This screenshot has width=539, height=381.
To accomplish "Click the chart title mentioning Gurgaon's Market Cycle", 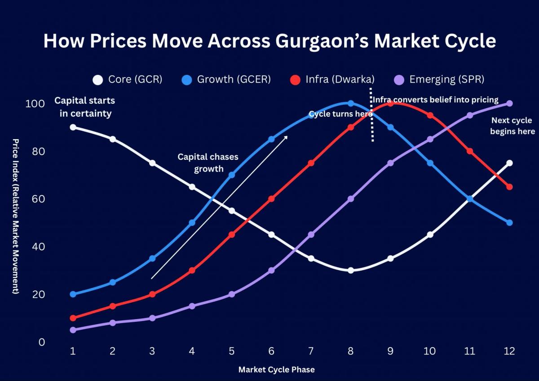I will click(269, 41).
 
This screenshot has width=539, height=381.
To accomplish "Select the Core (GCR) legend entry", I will click(128, 80).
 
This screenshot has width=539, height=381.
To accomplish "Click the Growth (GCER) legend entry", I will click(226, 80).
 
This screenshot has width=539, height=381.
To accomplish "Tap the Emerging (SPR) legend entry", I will click(439, 80).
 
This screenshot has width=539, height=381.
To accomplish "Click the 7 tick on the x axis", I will click(311, 350).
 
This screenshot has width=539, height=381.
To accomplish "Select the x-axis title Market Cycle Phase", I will click(276, 370).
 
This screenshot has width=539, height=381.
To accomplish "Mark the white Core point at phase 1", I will click(73, 127).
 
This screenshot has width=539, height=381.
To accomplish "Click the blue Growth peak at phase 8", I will click(351, 103).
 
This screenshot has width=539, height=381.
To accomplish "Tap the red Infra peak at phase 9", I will click(390, 103).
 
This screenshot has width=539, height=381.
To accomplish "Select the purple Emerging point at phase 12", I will click(509, 103).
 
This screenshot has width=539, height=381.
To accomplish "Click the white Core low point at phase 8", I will click(351, 270).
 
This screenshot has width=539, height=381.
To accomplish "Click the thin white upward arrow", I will click(219, 208).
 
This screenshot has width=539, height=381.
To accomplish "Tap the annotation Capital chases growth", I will click(208, 163).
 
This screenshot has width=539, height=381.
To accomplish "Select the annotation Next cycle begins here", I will click(512, 126).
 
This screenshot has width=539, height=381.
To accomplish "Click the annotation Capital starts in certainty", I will click(85, 107).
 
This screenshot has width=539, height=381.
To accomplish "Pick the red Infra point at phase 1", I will click(73, 318).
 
